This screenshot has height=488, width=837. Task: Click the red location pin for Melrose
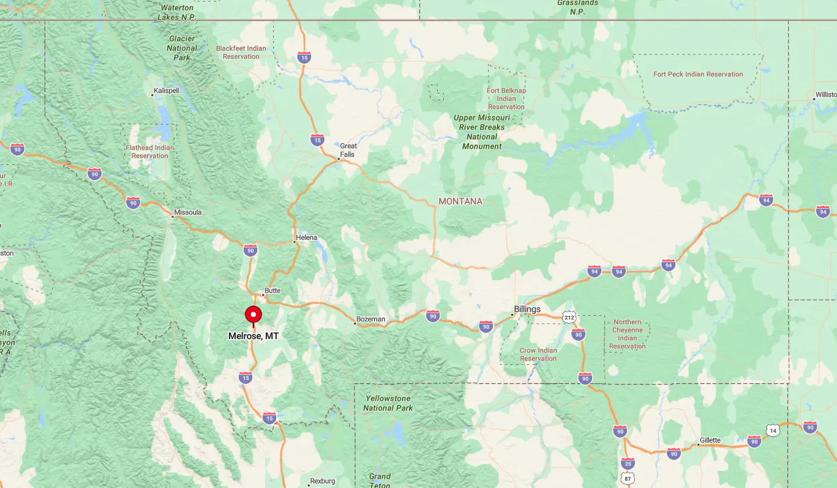[253, 315]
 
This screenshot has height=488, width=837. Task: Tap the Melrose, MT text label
[253, 336]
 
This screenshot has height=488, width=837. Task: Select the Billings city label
[527, 309]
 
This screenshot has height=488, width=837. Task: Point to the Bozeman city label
[371, 319]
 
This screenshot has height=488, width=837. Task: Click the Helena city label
[307, 238]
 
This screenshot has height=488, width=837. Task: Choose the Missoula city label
[187, 212]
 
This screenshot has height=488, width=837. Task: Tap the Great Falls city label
[348, 150]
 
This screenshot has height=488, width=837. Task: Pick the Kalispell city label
[167, 91]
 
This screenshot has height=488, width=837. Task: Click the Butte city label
[272, 291]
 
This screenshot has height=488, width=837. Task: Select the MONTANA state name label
[460, 201]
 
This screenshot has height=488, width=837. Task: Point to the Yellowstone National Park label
[388, 403]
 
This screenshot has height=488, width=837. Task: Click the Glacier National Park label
[182, 48]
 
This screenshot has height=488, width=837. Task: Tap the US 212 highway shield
[569, 317]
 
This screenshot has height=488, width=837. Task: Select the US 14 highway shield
[773, 430]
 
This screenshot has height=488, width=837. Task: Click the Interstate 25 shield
[627, 462]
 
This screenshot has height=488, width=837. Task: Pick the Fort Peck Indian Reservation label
[698, 74]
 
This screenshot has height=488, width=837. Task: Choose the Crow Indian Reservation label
[538, 355]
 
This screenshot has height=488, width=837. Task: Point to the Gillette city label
[710, 440]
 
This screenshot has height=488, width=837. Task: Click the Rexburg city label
[323, 481]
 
